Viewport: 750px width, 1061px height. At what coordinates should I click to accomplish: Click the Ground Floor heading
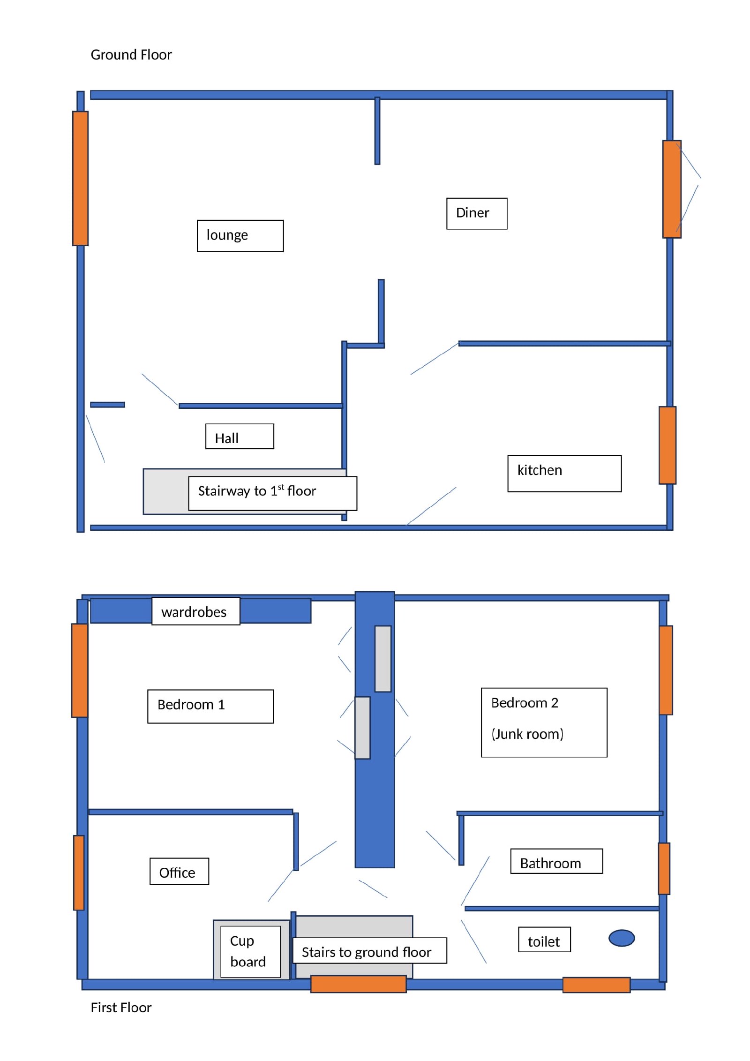131,55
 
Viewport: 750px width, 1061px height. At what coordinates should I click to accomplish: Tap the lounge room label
240,236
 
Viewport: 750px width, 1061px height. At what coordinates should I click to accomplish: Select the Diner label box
477,213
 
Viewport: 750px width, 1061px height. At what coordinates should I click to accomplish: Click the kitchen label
564,474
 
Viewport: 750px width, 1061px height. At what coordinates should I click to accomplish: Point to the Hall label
240,436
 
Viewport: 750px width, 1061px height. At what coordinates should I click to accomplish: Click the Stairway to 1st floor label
272,493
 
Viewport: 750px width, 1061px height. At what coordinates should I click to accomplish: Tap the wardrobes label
195,611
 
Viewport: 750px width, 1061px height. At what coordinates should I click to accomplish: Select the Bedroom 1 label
210,706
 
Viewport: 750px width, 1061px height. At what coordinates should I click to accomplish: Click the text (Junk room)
527,734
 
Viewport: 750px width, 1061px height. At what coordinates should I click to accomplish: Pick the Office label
179,871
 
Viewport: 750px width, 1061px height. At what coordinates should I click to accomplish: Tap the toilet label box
544,939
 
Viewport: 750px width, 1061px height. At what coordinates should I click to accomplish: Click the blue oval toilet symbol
622,938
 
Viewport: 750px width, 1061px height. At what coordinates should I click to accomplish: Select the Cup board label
250,952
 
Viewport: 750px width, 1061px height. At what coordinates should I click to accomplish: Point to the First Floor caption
121,1008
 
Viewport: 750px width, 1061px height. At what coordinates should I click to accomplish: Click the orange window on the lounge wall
80,178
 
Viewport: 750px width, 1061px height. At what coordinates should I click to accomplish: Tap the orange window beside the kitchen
667,445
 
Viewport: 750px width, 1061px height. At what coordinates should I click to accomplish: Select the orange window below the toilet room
596,985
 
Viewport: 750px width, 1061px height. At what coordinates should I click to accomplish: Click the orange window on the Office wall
79,873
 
